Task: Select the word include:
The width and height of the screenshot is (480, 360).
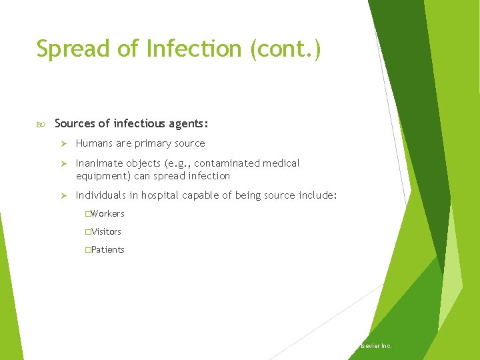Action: [315, 195]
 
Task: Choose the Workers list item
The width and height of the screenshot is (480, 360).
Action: [107, 213]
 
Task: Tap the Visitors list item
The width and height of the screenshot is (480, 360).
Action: [106, 231]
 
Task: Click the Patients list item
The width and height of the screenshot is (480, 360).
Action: [107, 249]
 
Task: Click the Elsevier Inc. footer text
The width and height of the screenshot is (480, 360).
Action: [375, 346]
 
